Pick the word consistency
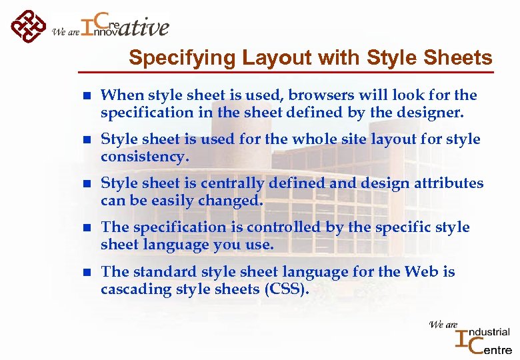click(x=145, y=157)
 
